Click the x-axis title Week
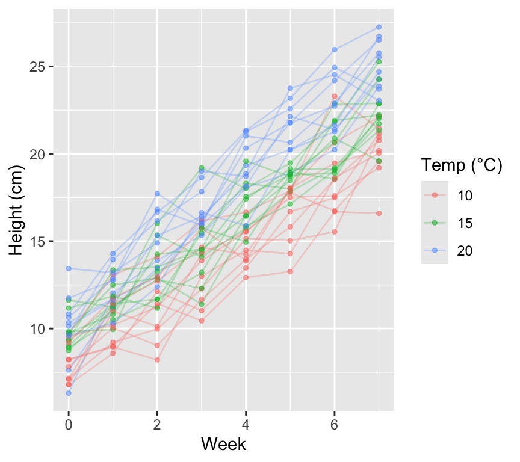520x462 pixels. click(223, 445)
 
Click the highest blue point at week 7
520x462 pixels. click(379, 27)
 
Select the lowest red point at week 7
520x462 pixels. click(379, 213)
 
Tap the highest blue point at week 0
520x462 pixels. click(69, 268)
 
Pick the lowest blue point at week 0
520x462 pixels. click(69, 393)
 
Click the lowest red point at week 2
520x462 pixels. click(157, 360)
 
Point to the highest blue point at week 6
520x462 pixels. click(335, 49)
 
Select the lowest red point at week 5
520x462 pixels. click(290, 271)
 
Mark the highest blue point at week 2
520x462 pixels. click(157, 193)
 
